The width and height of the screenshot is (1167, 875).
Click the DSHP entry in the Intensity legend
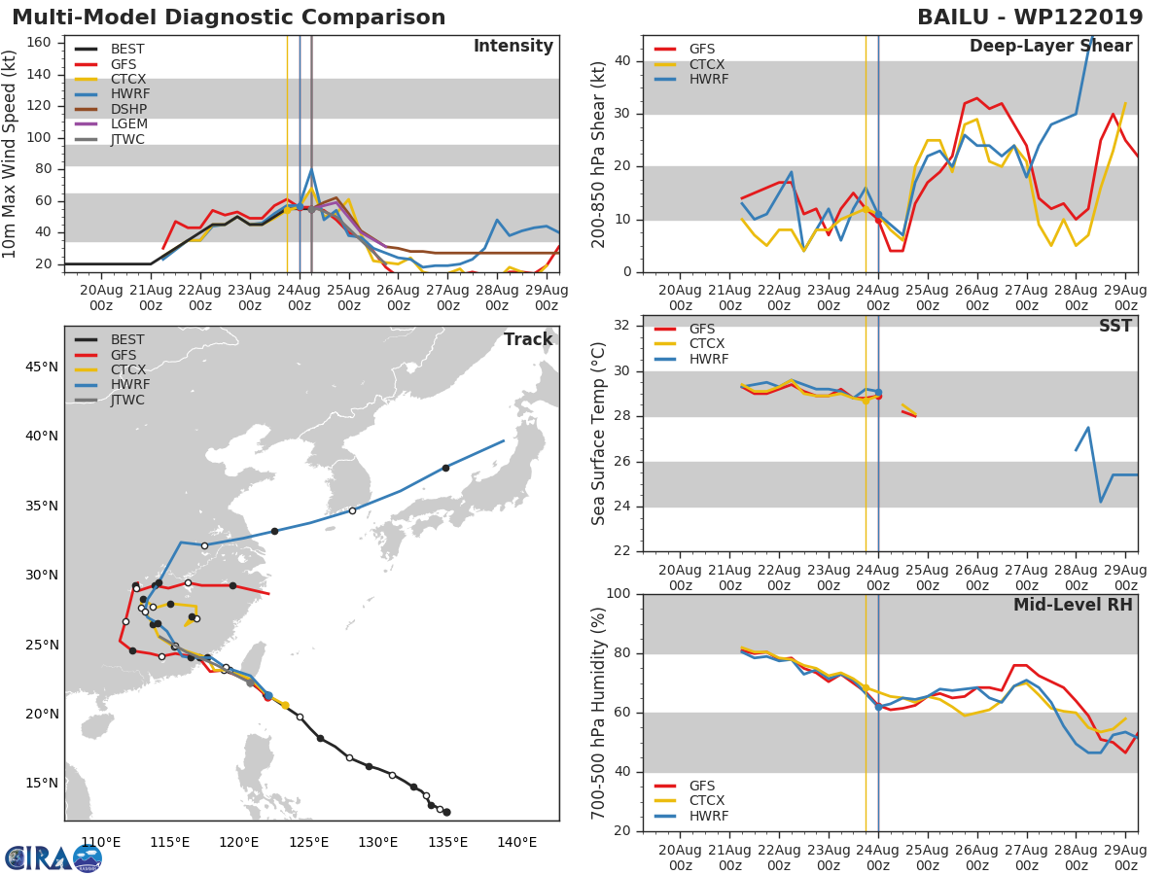(x=127, y=109)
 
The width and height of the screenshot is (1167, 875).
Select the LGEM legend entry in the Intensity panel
(x=127, y=124)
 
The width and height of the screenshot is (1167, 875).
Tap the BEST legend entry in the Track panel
(x=127, y=340)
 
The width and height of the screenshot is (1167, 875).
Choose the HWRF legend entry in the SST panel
(x=707, y=360)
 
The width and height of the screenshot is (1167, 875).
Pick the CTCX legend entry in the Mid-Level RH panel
(x=707, y=801)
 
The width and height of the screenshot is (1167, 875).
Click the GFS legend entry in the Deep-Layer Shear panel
(x=701, y=49)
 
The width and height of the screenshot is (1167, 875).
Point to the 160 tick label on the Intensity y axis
(x=40, y=43)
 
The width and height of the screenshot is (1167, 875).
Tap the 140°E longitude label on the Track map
(x=517, y=842)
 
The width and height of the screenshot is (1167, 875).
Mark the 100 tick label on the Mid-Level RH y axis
(x=618, y=594)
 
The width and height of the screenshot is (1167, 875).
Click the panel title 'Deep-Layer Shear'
(x=1050, y=47)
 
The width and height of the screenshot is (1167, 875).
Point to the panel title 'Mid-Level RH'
(x=1073, y=605)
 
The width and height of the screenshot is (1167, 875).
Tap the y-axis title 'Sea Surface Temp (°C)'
(x=600, y=434)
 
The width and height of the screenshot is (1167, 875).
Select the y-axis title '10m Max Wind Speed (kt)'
(x=11, y=154)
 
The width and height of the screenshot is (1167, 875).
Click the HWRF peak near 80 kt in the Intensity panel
(x=311, y=169)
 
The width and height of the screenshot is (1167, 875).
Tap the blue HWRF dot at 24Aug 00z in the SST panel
(x=878, y=393)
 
